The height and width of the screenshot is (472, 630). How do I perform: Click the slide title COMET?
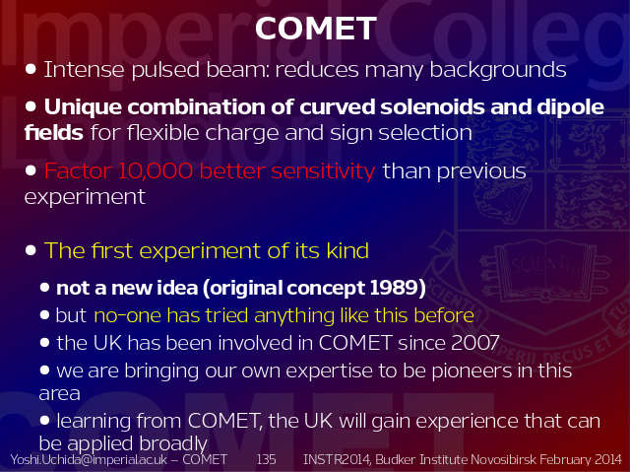pos(316,29)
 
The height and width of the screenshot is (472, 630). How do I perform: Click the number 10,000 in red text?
pos(156,170)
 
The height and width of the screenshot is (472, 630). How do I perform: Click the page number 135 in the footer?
pos(266,459)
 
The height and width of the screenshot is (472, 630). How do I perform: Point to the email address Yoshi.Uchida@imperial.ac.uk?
pos(89,459)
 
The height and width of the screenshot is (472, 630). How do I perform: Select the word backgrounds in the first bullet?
pos(498,70)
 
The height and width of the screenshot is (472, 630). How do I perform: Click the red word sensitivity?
pos(323,171)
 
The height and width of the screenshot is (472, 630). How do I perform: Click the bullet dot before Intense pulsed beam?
pos(31,69)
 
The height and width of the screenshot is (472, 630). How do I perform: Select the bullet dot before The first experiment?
pos(31,250)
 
